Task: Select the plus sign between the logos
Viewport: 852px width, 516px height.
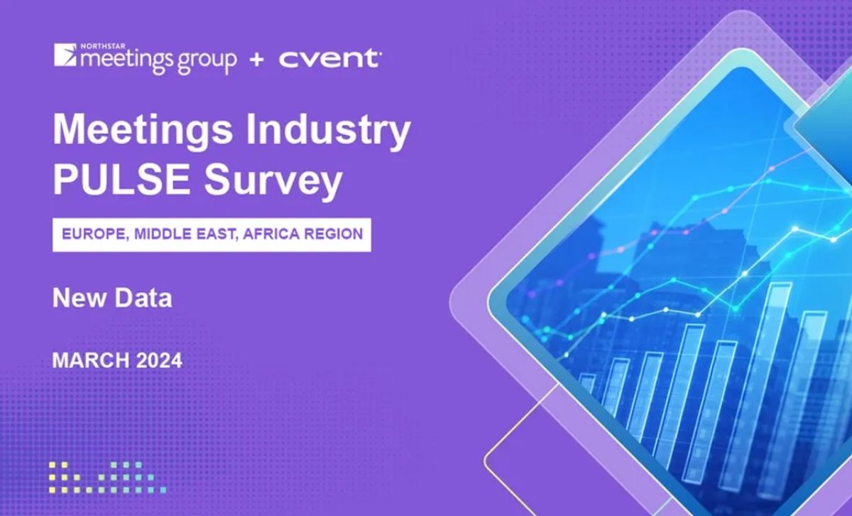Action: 257,60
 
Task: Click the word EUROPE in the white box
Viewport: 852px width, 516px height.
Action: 92,233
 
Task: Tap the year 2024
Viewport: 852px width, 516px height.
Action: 155,360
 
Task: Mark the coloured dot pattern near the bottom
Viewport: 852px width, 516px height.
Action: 106,476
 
